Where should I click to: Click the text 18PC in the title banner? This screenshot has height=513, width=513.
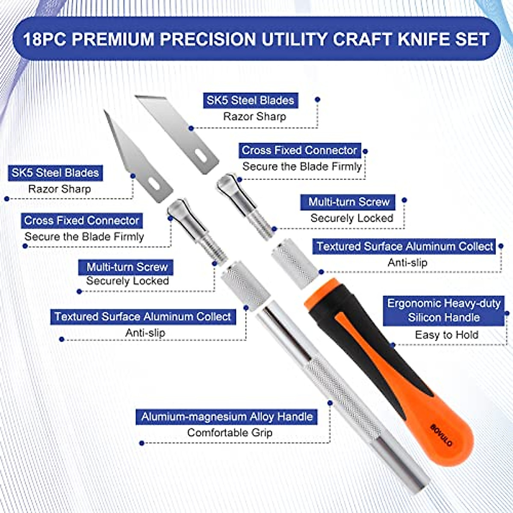point(44,39)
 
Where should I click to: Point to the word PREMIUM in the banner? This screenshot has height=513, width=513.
point(112,39)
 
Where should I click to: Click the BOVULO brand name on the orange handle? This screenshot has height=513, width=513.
point(441,435)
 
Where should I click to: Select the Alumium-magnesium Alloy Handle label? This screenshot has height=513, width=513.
point(227,417)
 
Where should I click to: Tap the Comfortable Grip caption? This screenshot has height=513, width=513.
point(230,433)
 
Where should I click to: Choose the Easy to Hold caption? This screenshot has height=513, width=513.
point(446,335)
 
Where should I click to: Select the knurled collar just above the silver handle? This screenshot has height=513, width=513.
point(245,284)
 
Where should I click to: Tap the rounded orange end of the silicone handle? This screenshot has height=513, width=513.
point(449,445)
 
